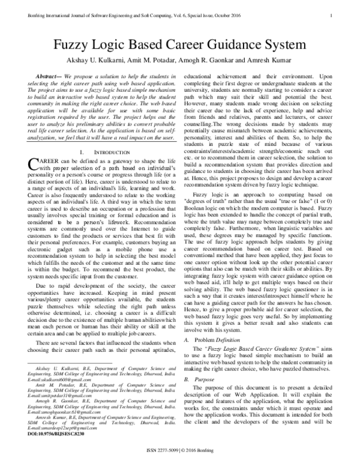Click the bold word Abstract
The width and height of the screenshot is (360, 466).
tap(48, 79)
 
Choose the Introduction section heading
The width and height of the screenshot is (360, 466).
tap(109, 154)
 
